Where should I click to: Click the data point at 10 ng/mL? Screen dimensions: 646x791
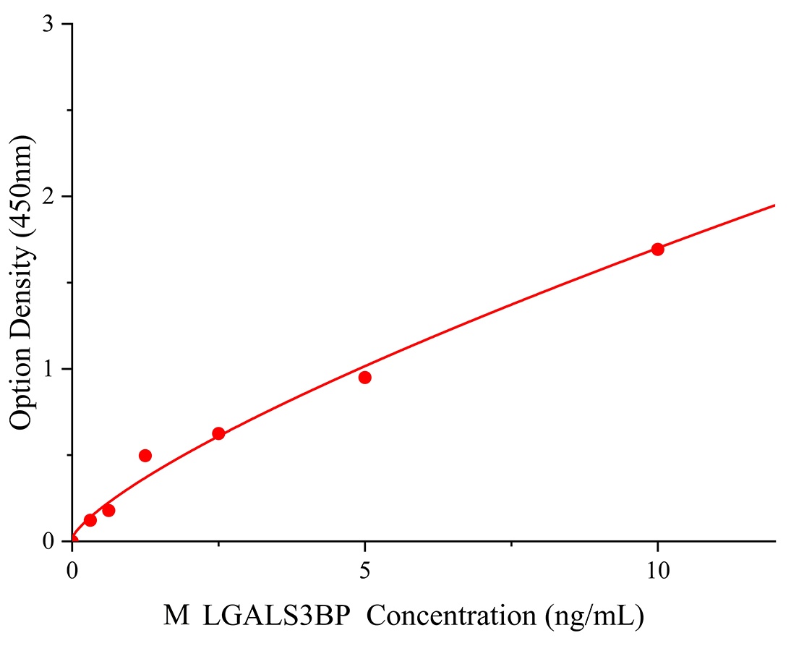click(x=657, y=250)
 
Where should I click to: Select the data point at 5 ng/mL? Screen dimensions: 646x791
click(x=365, y=378)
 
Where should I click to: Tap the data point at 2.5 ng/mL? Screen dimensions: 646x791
click(x=218, y=434)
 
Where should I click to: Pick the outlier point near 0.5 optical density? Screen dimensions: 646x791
click(x=145, y=456)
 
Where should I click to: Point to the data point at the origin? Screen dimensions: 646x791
click(x=72, y=540)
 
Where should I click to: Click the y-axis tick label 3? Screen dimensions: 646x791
click(x=48, y=25)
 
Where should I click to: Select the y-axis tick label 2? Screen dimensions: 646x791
click(x=48, y=197)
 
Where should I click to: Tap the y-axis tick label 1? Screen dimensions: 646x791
click(x=48, y=369)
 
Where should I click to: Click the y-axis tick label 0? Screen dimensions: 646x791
click(x=48, y=541)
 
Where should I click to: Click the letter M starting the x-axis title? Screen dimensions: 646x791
click(x=176, y=616)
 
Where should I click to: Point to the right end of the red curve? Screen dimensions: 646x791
click(x=774, y=205)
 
